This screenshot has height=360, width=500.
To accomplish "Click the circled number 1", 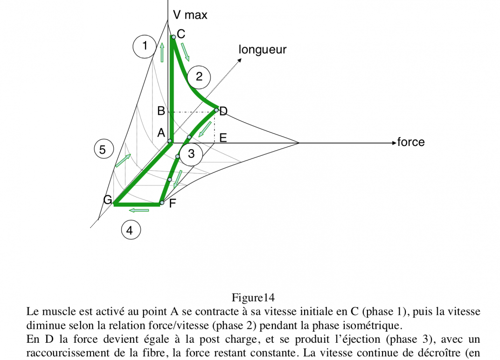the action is [x=145, y=47].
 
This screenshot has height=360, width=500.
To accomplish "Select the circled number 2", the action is [x=199, y=77].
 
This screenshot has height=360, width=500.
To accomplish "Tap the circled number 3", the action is [x=191, y=154].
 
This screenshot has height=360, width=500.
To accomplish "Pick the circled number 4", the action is [x=131, y=230].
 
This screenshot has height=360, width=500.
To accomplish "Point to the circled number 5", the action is [x=104, y=149].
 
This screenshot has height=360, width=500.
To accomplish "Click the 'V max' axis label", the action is [x=190, y=15].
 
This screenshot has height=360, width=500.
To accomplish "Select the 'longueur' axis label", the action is [x=263, y=50].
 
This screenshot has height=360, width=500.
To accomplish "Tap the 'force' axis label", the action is [x=411, y=142].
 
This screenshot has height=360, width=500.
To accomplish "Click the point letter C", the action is [x=181, y=34].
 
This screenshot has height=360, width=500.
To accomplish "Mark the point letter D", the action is [x=223, y=111].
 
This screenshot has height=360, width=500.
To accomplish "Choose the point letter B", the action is [x=161, y=111].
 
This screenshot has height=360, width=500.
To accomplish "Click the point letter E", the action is [x=223, y=138].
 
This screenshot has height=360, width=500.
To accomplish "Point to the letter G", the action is [x=107, y=200].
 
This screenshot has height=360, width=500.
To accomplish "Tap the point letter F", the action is [x=172, y=203].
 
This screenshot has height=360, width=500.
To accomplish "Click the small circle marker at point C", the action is [x=174, y=37].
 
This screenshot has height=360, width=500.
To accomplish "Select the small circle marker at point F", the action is [x=162, y=203].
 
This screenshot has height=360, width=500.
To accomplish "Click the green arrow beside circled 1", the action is [x=162, y=52].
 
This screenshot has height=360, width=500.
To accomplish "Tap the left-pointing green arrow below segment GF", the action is [x=139, y=210].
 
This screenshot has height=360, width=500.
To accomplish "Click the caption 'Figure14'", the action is [x=253, y=298].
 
